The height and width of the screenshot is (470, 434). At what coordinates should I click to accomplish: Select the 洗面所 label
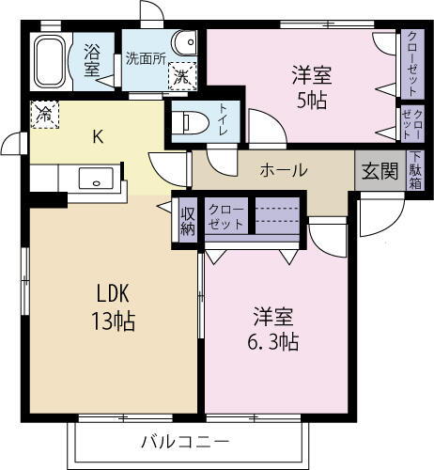click(145, 57)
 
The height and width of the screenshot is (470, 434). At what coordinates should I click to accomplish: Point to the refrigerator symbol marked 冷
click(44, 114)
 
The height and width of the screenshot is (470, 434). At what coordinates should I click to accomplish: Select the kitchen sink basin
click(94, 179)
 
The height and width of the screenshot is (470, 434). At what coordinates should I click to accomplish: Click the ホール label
click(283, 170)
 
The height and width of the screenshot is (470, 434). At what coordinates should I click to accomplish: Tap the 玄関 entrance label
click(380, 171)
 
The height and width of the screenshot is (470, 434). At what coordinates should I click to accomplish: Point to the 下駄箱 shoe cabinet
click(414, 170)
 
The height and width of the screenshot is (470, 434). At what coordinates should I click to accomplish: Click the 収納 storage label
click(188, 220)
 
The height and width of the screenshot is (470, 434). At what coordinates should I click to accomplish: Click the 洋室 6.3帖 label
click(274, 328)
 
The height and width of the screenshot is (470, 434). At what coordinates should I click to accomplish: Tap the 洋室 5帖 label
click(308, 86)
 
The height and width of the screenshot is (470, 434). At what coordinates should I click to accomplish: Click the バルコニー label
click(185, 440)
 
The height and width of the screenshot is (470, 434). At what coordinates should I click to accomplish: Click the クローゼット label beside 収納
click(225, 217)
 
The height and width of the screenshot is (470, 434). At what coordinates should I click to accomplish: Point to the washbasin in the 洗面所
click(188, 42)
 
